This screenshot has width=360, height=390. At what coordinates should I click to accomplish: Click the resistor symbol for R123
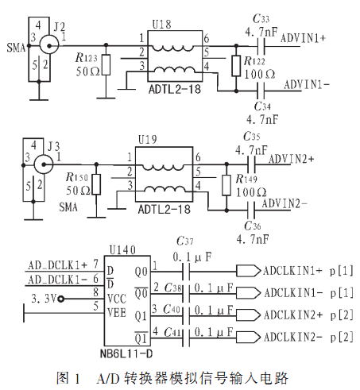pos(106,65)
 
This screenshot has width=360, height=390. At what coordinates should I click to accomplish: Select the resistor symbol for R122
pos(236,66)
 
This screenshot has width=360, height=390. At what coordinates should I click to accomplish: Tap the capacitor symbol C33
pos(261,46)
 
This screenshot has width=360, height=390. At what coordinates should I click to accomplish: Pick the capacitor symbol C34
pos(261,91)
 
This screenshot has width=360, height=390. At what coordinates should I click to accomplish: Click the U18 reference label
pos(161,25)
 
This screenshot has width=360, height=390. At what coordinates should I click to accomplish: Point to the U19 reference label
pos(148,139)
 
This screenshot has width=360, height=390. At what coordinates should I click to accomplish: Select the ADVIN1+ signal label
pos(303,38)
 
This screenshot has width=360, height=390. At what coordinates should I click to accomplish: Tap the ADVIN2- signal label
pos(285,203)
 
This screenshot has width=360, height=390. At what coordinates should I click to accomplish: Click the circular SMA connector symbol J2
pos(49,45)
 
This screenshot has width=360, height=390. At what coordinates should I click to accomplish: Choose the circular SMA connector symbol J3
pos(44,164)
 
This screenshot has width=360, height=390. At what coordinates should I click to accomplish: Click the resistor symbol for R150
pos(96,184)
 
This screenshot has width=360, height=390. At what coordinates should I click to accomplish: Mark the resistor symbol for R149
pos(226,185)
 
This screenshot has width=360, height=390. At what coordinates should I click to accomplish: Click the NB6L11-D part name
pos(126,353)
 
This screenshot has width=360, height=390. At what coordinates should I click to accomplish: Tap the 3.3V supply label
pos(45,299)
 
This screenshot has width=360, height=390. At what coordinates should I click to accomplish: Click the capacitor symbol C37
pos(186,272)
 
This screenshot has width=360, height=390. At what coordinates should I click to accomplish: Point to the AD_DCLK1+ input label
pos(58,265)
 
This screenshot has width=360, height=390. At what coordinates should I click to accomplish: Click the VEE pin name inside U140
pos(117,313)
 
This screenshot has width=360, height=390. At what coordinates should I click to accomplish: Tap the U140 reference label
pos(122,250)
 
